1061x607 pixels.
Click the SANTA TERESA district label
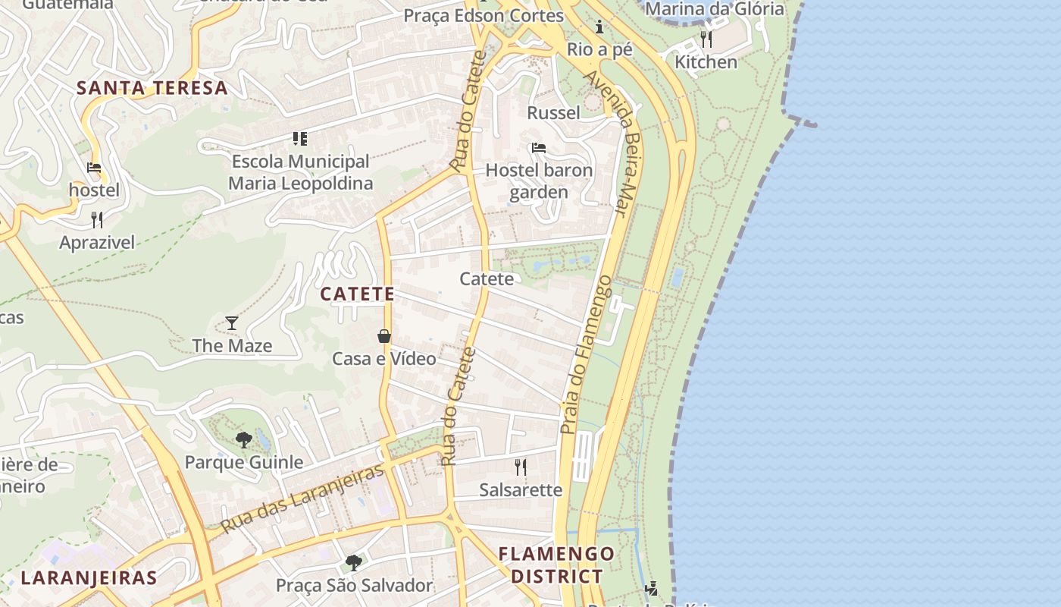[152, 87]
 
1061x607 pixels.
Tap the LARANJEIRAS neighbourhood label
[89, 577]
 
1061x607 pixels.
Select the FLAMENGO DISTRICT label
[556, 565]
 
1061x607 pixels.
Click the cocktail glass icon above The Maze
[232, 323]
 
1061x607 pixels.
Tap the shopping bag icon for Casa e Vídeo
[384, 336]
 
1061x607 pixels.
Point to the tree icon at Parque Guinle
[243, 439]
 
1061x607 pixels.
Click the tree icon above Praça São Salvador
[353, 562]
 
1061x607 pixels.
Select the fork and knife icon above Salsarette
[521, 467]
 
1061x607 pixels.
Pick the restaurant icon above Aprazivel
[97, 220]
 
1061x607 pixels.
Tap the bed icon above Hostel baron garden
[539, 147]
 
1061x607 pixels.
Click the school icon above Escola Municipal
[300, 138]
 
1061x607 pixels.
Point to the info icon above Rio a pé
[599, 27]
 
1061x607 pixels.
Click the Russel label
[553, 113]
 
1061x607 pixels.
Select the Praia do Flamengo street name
[586, 354]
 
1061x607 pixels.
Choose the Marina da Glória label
[714, 9]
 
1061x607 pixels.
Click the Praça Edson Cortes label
[484, 15]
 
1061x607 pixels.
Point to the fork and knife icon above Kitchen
[706, 39]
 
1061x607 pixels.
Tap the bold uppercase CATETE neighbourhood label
[357, 294]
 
